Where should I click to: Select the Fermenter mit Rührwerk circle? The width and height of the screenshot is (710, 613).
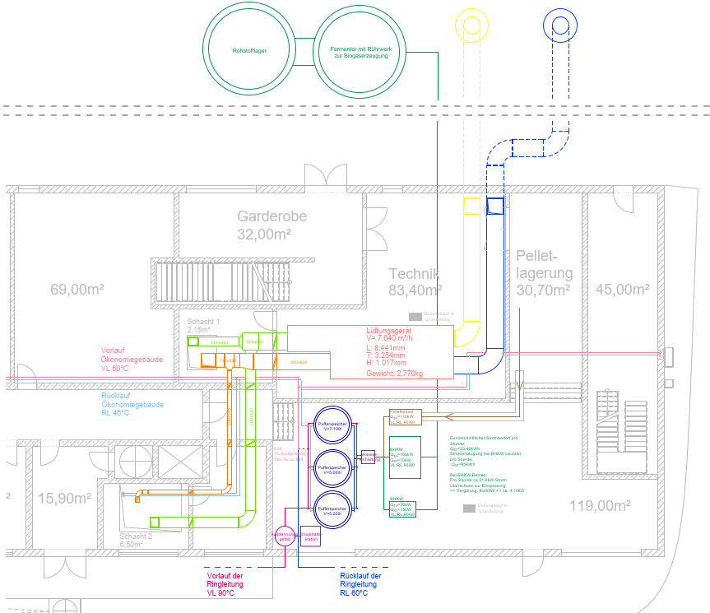tap(360, 50)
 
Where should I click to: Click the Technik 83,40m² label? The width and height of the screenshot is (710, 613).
tap(415, 281)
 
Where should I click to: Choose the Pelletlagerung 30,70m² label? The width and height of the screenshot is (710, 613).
tap(545, 272)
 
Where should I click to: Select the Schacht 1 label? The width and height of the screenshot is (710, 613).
tap(203, 321)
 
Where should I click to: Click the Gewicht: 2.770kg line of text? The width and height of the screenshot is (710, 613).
tap(394, 374)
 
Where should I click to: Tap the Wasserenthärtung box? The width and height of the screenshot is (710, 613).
tap(368, 457)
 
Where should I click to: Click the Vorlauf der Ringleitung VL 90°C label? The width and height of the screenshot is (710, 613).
tap(225, 584)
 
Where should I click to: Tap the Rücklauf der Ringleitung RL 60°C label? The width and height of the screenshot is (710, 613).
tap(360, 584)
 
